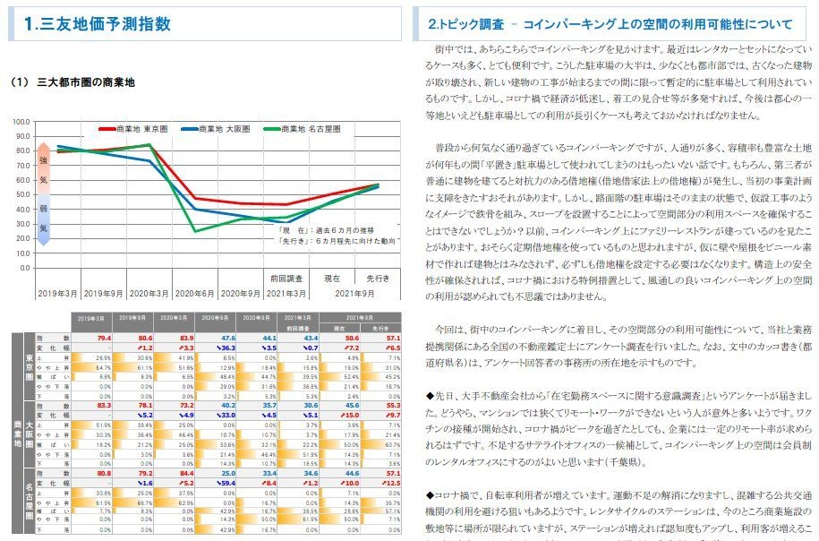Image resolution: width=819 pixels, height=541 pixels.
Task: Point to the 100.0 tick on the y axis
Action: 22,121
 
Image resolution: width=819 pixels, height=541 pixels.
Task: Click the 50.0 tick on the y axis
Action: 24,194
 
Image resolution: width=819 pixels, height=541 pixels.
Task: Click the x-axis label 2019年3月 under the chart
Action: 56,293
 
